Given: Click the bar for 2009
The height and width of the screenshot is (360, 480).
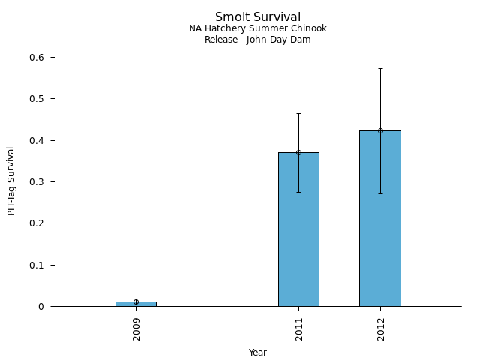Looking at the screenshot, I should point(136,304).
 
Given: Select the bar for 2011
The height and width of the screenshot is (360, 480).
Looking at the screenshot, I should point(298,229).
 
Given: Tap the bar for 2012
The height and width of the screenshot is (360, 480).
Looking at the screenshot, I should point(380,218).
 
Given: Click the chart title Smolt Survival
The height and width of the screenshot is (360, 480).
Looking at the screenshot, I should point(258,17).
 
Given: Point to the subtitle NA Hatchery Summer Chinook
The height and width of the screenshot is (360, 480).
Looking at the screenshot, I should point(258,29).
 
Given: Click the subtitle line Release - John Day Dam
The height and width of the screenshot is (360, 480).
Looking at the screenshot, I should point(258,40).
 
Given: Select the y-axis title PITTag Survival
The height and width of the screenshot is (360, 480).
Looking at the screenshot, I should point(12,181).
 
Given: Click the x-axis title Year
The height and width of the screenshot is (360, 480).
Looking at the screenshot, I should point(258,352).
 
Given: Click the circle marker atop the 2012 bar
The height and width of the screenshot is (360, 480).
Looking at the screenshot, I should point(380,130).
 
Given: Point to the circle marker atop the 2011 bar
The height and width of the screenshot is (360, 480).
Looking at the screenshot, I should point(298,152).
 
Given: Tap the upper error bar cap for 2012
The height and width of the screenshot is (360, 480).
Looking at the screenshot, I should point(380,68).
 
